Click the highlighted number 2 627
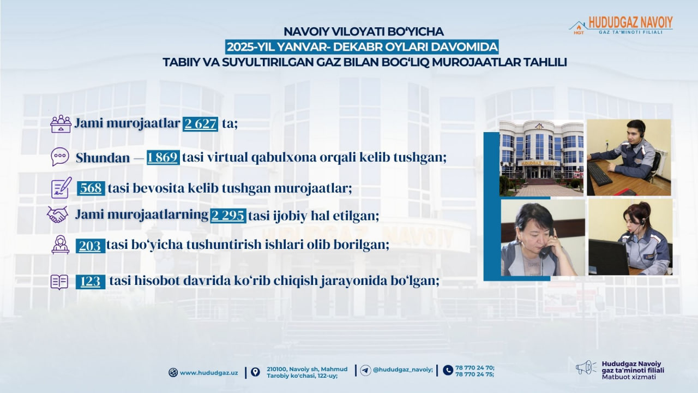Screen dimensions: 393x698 tap(200, 124)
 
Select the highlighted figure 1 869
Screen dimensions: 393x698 tap(163, 158)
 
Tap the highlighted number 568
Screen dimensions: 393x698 tap(91, 188)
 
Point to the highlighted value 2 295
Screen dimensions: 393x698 tap(228, 215)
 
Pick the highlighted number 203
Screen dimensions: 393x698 tap(89, 246)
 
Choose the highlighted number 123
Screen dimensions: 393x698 tap(90, 282)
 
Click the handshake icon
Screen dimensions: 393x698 tap(57, 215)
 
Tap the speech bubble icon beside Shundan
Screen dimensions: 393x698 tap(60, 157)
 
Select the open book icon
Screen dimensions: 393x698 tap(59, 282)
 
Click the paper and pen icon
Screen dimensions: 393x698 tap(61, 187)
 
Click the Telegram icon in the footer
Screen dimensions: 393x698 tap(366, 370)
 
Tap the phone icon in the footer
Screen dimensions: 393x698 tap(448, 370)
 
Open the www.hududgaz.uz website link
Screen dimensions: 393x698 tap(208, 373)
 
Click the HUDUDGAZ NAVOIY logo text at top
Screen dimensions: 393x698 tap(630, 22)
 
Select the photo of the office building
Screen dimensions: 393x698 tap(541, 158)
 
